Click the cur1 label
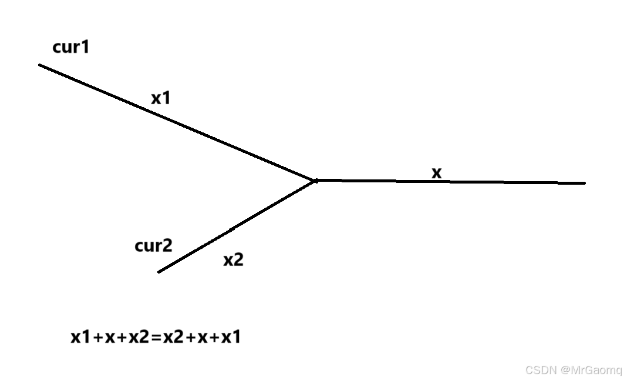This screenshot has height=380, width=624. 71,47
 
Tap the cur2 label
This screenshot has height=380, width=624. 153,246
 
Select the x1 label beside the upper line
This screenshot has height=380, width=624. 160,98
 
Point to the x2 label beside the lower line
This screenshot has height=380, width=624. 233,260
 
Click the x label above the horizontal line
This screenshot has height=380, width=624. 436,173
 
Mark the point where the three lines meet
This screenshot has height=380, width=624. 316,181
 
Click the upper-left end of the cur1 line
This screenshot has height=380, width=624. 40,65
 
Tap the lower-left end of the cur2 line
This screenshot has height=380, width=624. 159,272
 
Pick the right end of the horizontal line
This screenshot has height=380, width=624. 584,183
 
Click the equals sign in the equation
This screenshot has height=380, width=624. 156,338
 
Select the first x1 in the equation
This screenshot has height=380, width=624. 80,338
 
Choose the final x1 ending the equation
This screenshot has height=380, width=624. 231,338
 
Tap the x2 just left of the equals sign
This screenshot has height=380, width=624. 139,338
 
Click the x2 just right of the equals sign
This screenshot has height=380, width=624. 173,338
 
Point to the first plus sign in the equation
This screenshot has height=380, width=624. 97,338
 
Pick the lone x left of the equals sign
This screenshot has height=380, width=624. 110,338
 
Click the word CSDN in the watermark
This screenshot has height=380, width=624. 539,370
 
